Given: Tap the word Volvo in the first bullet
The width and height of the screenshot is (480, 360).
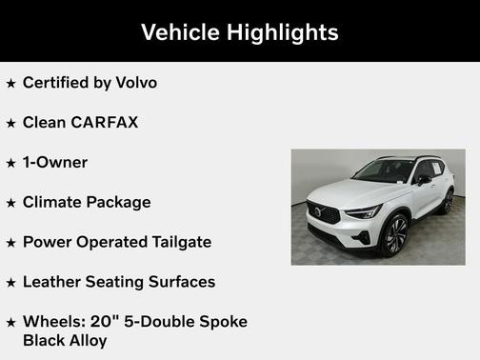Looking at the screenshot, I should (x=135, y=83).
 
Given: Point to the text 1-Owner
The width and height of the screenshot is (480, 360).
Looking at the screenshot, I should (x=55, y=163).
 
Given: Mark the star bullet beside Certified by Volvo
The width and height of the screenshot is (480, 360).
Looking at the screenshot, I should (x=11, y=84).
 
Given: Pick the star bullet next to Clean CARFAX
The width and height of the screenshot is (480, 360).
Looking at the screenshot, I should (x=11, y=124).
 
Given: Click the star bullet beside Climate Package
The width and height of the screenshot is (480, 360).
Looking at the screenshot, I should (x=11, y=204).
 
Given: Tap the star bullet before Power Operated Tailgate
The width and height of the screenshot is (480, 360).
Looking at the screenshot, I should (x=11, y=243).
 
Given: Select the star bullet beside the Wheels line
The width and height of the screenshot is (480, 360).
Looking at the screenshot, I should (x=11, y=323).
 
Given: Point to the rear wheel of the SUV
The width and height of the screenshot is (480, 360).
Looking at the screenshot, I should (x=447, y=202).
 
